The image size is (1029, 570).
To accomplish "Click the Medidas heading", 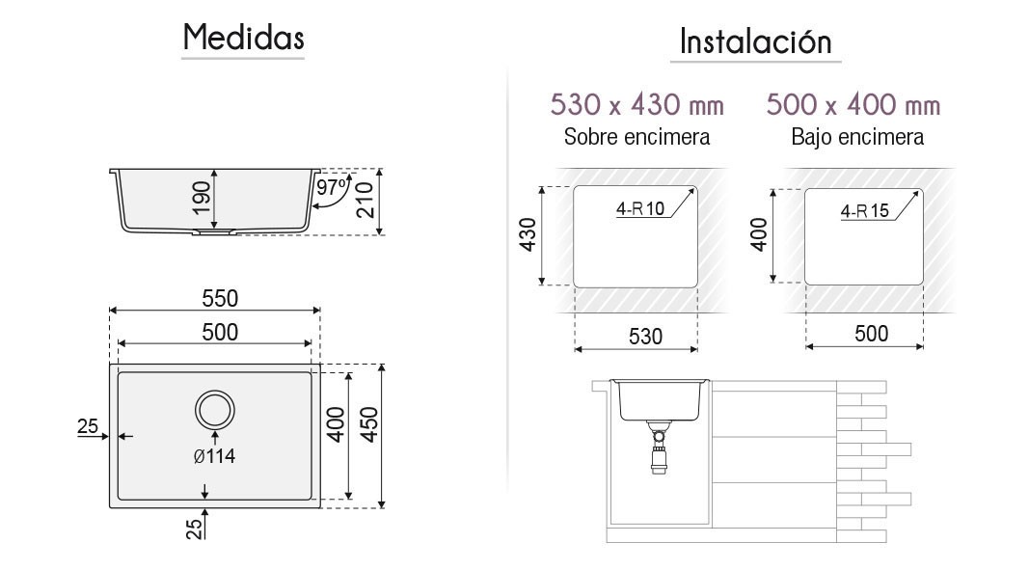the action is click(243, 37).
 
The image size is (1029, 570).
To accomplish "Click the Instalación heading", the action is click(755, 41).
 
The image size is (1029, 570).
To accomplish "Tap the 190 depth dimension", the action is click(202, 198).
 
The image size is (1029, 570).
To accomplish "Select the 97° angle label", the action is click(332, 188).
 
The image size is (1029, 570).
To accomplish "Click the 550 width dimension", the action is click(220, 298).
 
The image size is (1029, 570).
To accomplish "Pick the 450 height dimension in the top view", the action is click(369, 425).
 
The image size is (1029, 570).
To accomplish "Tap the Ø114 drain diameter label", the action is click(215, 456).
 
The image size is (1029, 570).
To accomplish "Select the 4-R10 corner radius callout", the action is click(639, 209).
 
